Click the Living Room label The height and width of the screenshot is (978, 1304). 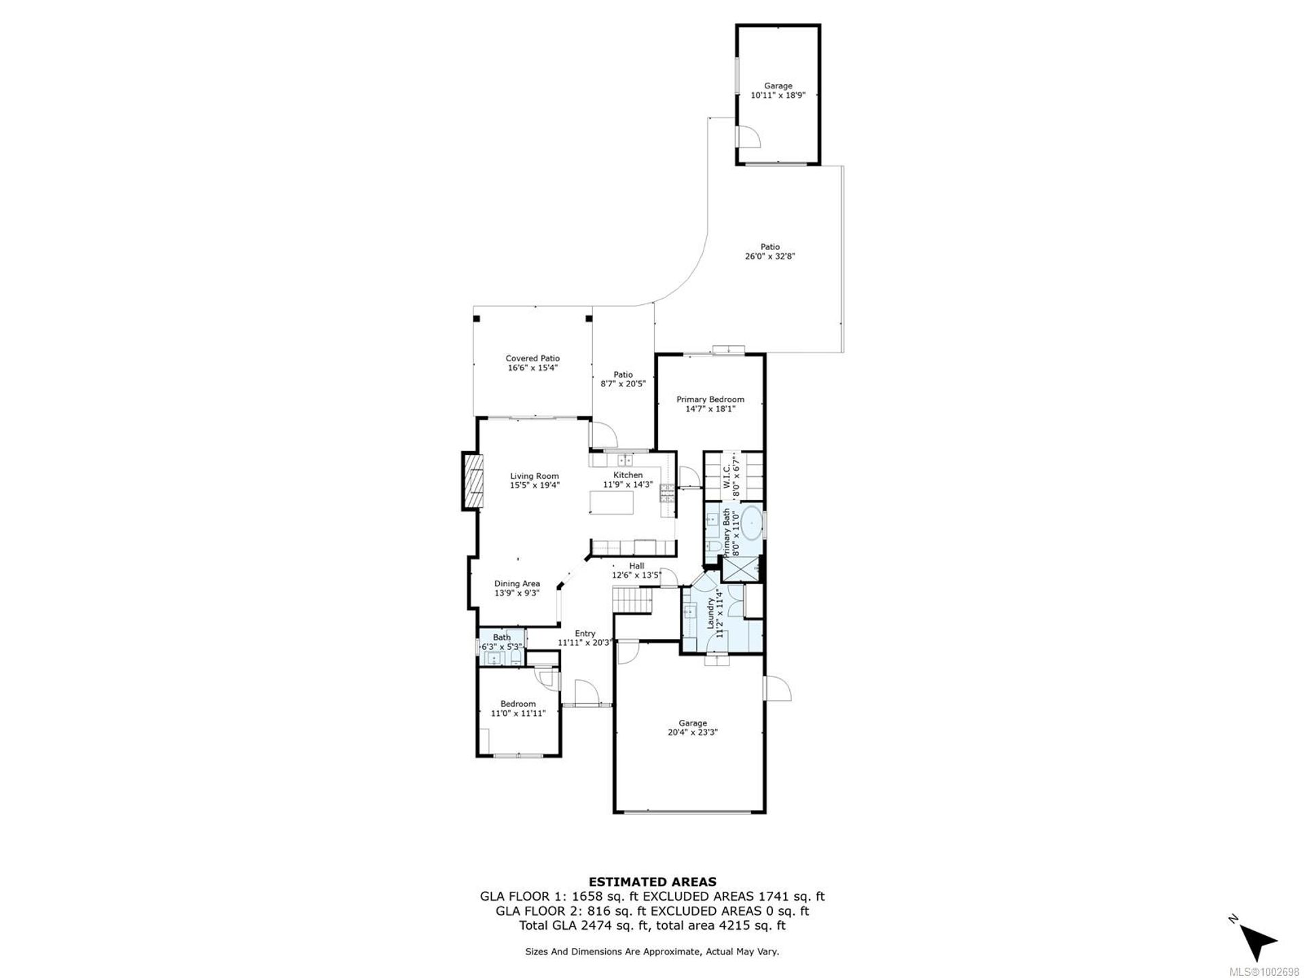[535, 476]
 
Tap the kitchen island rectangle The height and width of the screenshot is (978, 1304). [611, 503]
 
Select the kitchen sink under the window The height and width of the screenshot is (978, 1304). [625, 460]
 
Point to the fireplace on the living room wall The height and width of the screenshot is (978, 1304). [473, 480]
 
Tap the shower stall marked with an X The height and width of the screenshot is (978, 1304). [740, 569]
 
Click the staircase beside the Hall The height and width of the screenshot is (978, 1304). [632, 600]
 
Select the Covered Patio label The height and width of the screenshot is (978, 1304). [532, 359]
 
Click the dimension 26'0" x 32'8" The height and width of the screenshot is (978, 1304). [769, 257]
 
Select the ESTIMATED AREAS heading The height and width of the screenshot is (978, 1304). [652, 882]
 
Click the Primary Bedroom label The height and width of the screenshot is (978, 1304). [710, 399]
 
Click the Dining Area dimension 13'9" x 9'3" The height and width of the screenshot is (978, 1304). [517, 593]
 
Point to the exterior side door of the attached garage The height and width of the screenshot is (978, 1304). [778, 689]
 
